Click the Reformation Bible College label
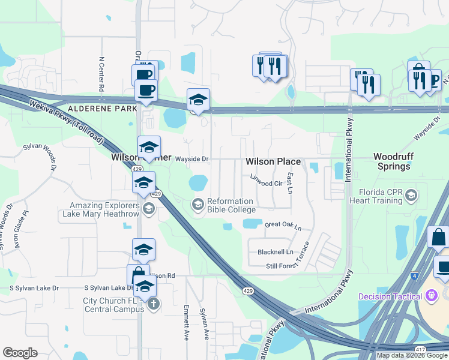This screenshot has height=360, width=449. [232, 205]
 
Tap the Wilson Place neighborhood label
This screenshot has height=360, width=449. [273, 162]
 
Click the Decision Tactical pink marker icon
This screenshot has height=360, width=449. [430, 296]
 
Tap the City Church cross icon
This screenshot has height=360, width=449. [154, 304]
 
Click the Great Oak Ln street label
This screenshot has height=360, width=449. [283, 226]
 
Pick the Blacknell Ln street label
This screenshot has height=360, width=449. [276, 252]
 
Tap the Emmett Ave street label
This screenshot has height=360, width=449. [186, 322]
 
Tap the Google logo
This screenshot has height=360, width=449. [20, 353]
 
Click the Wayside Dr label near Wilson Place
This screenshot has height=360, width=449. [191, 159]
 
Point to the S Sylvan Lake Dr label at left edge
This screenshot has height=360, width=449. [29, 288]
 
